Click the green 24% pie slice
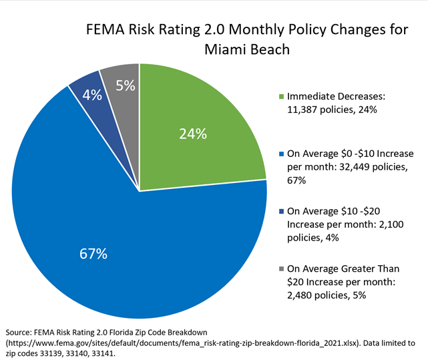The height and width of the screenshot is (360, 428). [200, 120]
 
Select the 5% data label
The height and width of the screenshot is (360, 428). [125, 85]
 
